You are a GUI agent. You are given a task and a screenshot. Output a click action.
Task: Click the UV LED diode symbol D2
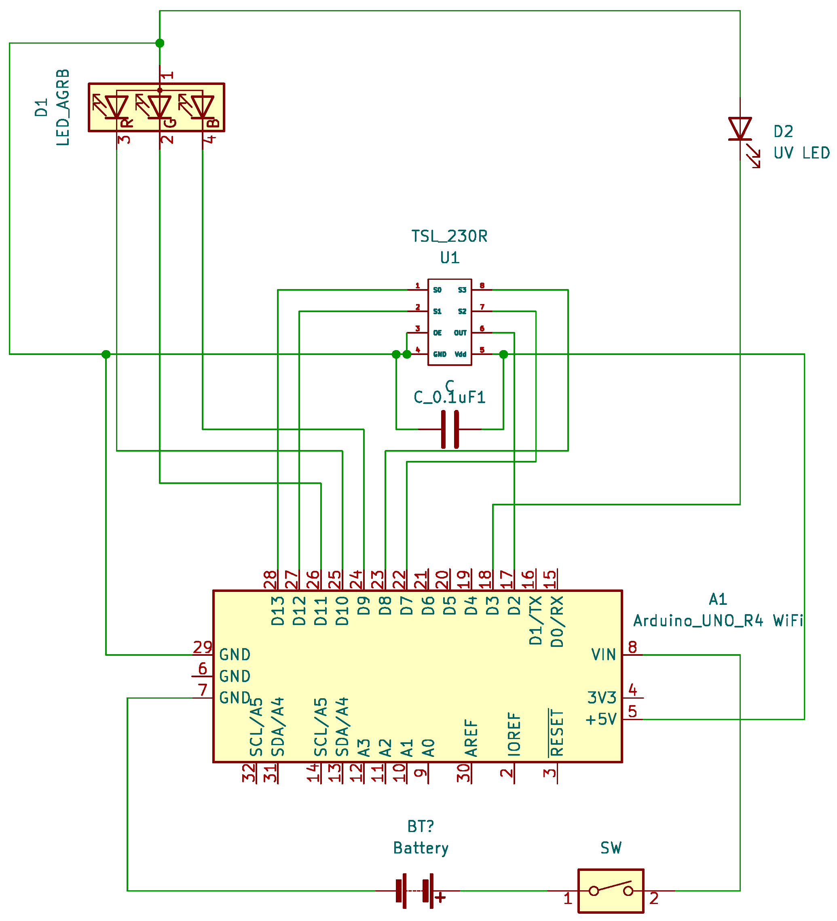(x=740, y=129)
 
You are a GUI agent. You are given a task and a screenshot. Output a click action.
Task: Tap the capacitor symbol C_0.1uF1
(x=450, y=429)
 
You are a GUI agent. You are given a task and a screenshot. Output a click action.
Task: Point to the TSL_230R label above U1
(x=450, y=237)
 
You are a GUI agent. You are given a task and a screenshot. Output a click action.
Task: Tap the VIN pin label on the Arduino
(x=604, y=655)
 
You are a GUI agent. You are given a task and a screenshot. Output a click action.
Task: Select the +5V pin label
(x=601, y=720)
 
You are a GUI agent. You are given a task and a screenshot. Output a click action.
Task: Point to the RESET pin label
(x=556, y=733)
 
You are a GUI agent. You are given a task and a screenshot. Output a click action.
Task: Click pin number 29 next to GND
(x=203, y=647)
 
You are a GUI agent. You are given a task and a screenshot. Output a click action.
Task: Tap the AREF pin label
(x=471, y=738)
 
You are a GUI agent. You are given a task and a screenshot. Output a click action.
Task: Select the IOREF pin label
(x=514, y=734)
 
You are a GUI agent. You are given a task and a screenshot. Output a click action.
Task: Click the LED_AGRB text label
(x=63, y=108)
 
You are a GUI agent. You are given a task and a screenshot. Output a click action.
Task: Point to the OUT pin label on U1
(x=460, y=333)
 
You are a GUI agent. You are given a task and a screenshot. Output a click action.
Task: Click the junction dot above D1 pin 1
(x=159, y=43)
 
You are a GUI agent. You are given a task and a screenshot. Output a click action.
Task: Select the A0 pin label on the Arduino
(x=428, y=748)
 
